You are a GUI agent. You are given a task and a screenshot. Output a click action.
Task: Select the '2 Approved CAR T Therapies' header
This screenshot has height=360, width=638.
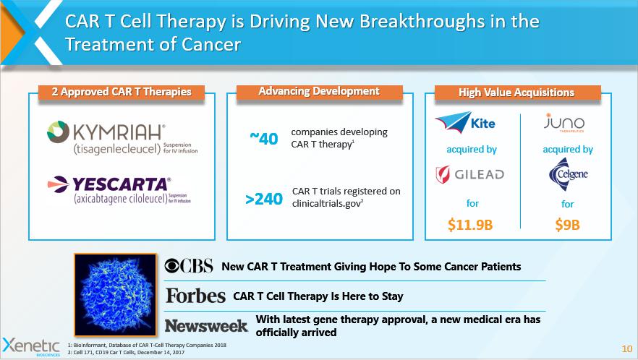(122, 92)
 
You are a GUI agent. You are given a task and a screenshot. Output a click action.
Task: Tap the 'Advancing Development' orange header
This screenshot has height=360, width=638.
(319, 92)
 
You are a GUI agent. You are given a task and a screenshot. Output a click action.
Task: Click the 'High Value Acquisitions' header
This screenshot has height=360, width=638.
(516, 93)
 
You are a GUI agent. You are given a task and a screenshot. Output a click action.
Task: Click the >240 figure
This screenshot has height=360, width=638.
(263, 198)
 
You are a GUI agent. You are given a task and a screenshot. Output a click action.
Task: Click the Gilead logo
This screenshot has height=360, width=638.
(470, 175)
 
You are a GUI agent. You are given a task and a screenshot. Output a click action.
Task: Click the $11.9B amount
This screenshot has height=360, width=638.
(470, 224)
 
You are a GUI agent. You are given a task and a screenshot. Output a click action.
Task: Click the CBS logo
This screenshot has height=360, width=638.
(189, 266)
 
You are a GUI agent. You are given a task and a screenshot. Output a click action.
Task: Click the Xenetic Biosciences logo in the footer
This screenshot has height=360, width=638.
(31, 345)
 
